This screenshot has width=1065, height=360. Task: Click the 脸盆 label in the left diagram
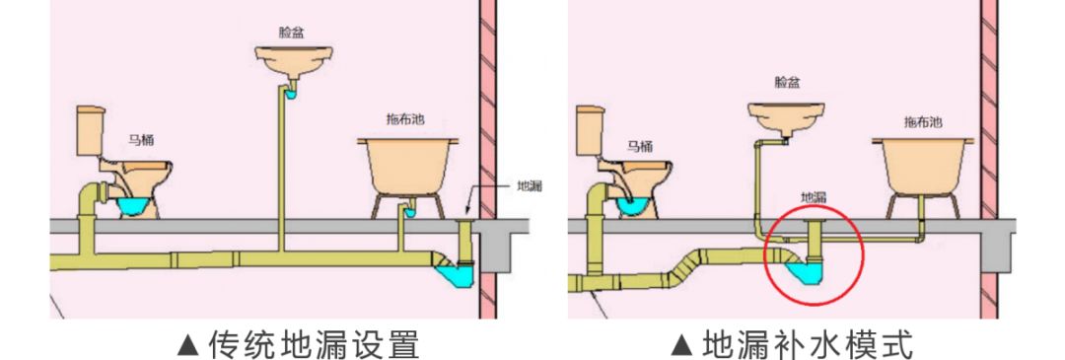click(291, 32)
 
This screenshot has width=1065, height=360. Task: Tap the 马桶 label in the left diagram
click(141, 141)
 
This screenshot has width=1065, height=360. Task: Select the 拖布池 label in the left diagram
click(405, 120)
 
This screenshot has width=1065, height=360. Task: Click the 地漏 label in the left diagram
click(530, 185)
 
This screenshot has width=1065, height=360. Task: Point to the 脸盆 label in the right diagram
click(787, 82)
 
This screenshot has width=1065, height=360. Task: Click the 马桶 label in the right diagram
click(640, 146)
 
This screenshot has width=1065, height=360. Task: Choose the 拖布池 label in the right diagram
click(923, 122)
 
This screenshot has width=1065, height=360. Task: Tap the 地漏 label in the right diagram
click(814, 197)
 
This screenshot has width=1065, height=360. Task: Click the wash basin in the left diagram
click(294, 61)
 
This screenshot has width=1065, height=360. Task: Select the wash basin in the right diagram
click(787, 117)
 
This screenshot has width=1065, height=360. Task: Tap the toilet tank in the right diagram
click(590, 130)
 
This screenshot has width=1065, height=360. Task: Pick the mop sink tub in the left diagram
click(407, 167)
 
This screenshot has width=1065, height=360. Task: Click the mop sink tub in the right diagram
click(923, 167)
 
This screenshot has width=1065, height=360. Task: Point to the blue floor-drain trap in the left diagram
click(454, 275)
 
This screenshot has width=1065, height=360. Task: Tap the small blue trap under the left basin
click(291, 95)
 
